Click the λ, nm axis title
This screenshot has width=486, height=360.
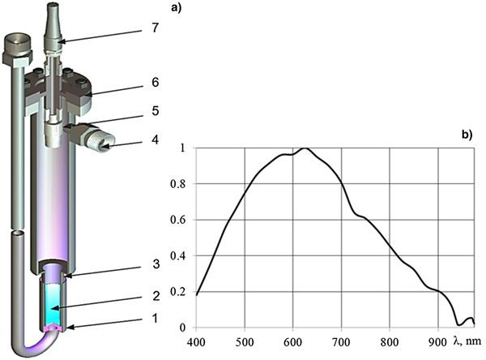coord(467,341)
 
